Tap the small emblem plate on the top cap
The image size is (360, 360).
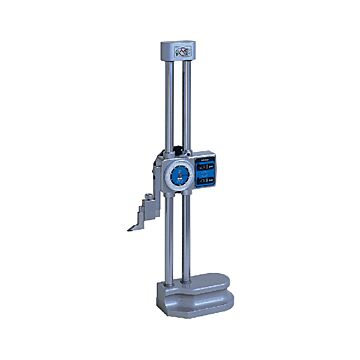[182, 48]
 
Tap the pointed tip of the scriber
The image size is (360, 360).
[130, 228]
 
